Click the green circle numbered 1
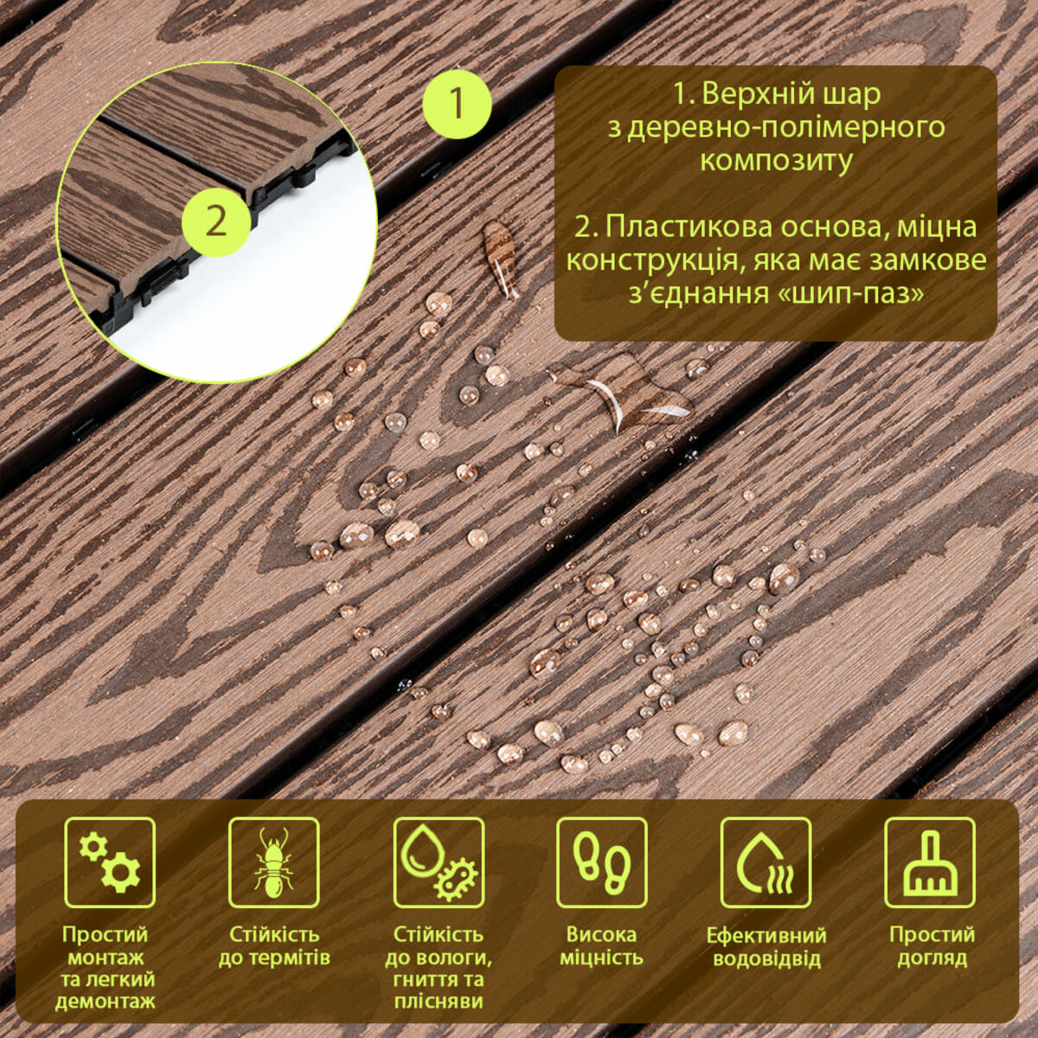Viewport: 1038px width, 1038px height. [x=457, y=104]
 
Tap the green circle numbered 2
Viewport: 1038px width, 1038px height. [x=216, y=222]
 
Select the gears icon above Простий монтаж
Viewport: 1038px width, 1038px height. [x=111, y=862]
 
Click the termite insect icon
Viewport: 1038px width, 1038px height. [x=273, y=862]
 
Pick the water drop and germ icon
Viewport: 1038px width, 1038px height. [x=439, y=862]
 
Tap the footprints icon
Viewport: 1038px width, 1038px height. [x=602, y=862]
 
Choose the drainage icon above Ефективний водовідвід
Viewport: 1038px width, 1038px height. [x=766, y=862]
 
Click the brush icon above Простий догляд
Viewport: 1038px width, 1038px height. [x=930, y=862]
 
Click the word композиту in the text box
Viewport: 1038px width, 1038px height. [x=776, y=161]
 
